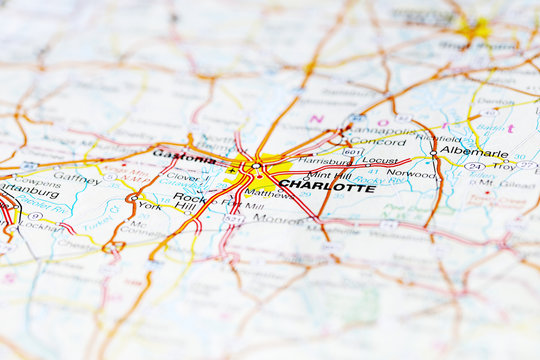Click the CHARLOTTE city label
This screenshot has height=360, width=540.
point(327,186)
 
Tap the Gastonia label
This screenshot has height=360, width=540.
point(184,156)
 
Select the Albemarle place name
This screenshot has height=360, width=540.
point(473,152)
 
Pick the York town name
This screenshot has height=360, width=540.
point(149,205)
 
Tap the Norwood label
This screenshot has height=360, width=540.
point(411,173)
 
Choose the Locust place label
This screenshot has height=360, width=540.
point(380,160)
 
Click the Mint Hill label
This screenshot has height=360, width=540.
point(328,173)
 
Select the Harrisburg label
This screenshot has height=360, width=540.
point(324,160)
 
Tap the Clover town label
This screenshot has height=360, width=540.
point(182,177)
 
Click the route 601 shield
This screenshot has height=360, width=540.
point(352,152)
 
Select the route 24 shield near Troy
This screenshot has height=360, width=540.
point(474,166)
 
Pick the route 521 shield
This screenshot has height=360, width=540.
point(234,218)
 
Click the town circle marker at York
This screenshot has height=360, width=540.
point(131,198)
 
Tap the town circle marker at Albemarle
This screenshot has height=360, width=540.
point(433,152)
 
